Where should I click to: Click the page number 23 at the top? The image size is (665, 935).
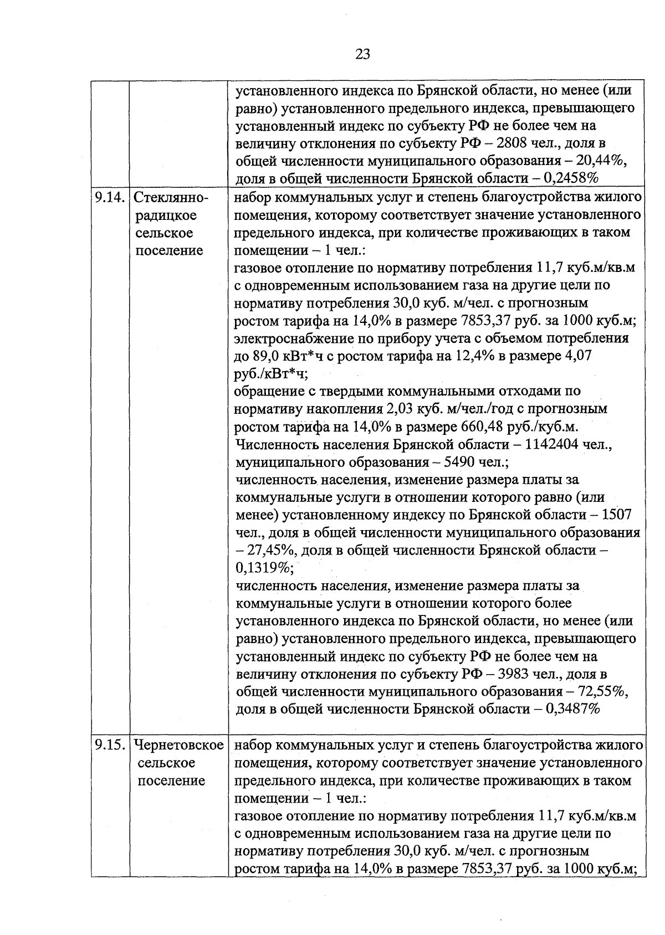pos(362,54)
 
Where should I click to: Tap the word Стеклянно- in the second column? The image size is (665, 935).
pos(171,198)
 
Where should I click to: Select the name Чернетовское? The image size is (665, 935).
pos(178,745)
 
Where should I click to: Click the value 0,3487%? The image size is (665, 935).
pos(572,709)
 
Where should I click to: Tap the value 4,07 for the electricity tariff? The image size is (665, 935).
pos(576,356)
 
